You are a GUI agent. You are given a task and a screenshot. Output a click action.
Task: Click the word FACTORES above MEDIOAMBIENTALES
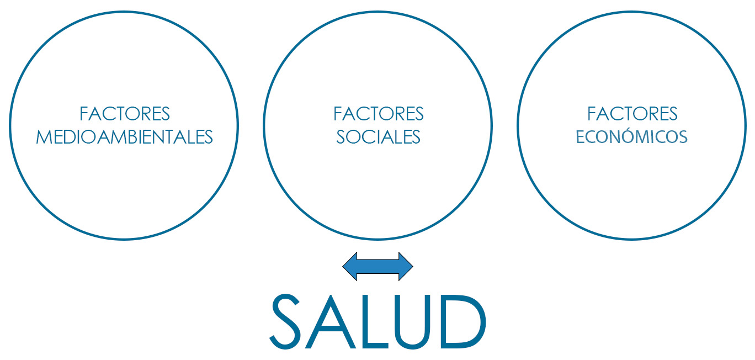[x=125, y=114]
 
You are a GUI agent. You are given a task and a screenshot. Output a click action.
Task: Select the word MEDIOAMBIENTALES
[x=124, y=137]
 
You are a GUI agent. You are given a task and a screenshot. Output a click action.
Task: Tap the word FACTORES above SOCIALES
[x=379, y=114]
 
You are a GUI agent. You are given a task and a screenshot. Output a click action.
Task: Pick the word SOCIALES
[x=378, y=137]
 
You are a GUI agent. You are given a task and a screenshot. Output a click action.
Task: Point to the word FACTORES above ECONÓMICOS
[x=632, y=114]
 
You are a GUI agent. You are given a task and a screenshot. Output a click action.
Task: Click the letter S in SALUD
[x=285, y=321]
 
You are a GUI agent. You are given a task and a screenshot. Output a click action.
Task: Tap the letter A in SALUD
[x=331, y=321]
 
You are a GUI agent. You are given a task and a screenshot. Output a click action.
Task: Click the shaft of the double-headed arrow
[x=377, y=266]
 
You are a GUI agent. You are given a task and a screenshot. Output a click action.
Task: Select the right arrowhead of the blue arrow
[x=405, y=266]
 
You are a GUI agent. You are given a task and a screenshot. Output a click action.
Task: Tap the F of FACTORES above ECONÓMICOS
[x=592, y=114]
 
